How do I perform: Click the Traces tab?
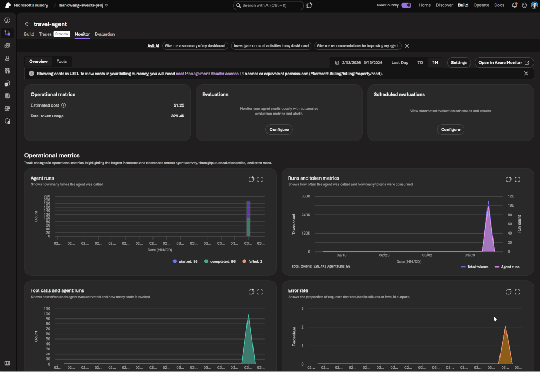click(x=45, y=34)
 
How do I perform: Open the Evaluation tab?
click(x=104, y=34)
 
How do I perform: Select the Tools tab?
click(x=62, y=62)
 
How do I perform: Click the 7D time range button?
click(x=420, y=63)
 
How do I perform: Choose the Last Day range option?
click(x=400, y=63)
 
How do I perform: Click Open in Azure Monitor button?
click(x=504, y=63)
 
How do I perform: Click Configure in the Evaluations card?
click(x=279, y=129)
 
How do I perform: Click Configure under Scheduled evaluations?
click(x=450, y=129)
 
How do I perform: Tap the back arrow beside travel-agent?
click(x=27, y=24)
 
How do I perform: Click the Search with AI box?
click(x=269, y=5)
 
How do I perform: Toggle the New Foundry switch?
click(x=405, y=5)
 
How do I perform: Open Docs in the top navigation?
click(x=499, y=5)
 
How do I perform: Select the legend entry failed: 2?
click(x=252, y=261)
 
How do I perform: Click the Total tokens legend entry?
click(x=475, y=267)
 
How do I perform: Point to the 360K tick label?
click(x=306, y=196)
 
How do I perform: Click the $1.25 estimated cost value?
click(x=178, y=105)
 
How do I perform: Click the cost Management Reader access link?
click(x=208, y=74)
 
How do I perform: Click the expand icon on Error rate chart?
click(x=517, y=292)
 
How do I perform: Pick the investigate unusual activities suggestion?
click(x=271, y=46)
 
